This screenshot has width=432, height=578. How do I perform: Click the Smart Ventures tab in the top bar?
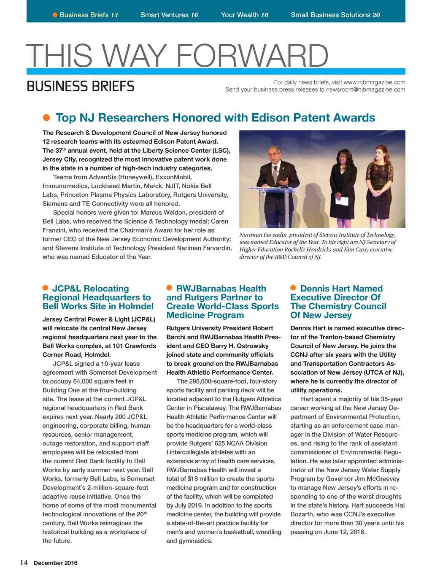pyautogui.click(x=169, y=15)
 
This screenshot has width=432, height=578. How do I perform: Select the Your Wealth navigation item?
pyautogui.click(x=244, y=15)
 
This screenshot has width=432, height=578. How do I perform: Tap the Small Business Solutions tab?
pyautogui.click(x=335, y=15)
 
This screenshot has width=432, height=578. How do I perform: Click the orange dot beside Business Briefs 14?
pyautogui.click(x=55, y=15)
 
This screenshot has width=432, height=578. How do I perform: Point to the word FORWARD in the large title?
pyautogui.click(x=252, y=56)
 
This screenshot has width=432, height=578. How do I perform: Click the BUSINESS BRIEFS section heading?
pyautogui.click(x=81, y=86)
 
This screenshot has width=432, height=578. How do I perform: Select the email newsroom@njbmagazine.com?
pyautogui.click(x=365, y=89)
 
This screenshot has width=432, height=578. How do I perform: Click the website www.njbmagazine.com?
pyautogui.click(x=374, y=82)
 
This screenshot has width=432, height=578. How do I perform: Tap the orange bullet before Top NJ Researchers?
pyautogui.click(x=47, y=117)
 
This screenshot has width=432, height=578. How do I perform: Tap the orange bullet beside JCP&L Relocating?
pyautogui.click(x=46, y=288)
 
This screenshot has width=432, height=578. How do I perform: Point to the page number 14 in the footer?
pyautogui.click(x=24, y=562)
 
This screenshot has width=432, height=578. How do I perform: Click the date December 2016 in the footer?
pyautogui.click(x=56, y=563)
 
